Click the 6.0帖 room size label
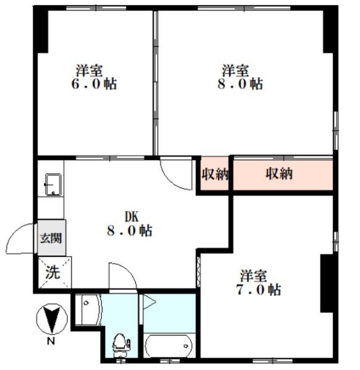pos(94,84)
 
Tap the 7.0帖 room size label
pos(259,290)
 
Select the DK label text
pos(132,216)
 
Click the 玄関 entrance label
pos(51,238)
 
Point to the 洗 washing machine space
pos(52,273)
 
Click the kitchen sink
pos(53,185)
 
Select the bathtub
pos(169,345)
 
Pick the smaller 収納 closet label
pos(215,174)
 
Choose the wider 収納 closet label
pos(280,174)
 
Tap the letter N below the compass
pos(51,341)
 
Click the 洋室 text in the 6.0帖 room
pos(90,70)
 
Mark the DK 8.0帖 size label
pos(130,231)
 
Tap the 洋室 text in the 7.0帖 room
pos(254,276)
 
